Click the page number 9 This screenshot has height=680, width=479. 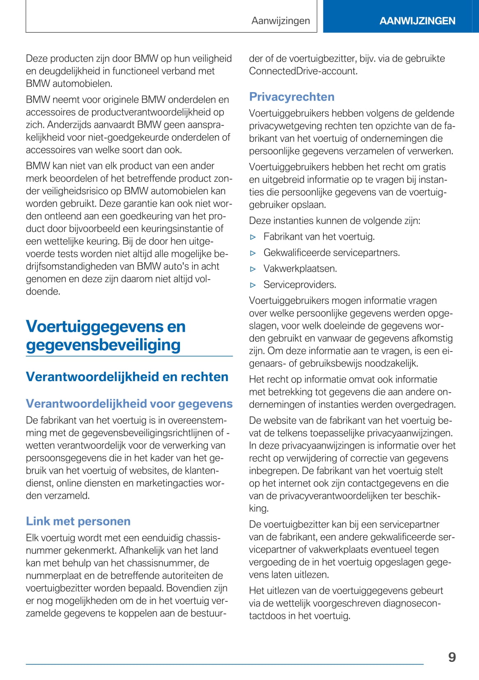[452, 657]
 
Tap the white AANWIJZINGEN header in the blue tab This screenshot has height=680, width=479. [417, 21]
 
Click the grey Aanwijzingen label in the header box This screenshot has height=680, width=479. [281, 21]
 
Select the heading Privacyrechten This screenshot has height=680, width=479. [292, 97]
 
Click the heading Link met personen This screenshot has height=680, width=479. [78, 521]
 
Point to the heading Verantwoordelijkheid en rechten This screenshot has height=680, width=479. [127, 377]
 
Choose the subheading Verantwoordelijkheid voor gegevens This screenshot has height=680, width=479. [129, 404]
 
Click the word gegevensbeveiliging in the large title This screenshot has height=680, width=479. [103, 345]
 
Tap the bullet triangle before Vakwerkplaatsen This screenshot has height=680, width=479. [253, 269]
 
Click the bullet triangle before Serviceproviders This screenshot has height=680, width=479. [253, 285]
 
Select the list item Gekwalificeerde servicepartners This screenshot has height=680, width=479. [331, 252]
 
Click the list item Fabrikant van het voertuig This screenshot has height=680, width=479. [319, 236]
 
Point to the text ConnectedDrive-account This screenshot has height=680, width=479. [303, 71]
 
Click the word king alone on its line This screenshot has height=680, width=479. [258, 509]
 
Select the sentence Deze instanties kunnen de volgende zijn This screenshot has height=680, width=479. [334, 220]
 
